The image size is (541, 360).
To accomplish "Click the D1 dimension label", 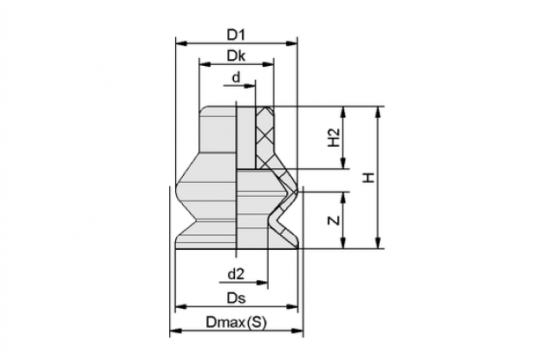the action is (236, 35).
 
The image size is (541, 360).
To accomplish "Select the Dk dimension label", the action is (236, 56).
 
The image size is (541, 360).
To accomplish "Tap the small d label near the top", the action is (236, 77).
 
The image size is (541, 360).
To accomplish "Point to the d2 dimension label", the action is (236, 274).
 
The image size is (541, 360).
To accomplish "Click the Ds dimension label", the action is (236, 298).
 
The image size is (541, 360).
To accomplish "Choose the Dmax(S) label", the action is (237, 323).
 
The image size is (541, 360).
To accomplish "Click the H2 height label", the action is (334, 137).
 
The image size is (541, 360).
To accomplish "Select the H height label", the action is (368, 178).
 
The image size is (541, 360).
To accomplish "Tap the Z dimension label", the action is (334, 220).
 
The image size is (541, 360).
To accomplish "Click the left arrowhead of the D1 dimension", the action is (181, 43).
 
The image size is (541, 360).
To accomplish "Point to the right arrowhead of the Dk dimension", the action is (268, 64).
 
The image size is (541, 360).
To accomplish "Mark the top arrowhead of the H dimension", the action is (379, 112).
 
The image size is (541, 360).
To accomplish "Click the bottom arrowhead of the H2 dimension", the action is (343, 163).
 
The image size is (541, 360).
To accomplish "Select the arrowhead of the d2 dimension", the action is (263, 283).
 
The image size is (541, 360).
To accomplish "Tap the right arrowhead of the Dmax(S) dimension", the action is (297, 331).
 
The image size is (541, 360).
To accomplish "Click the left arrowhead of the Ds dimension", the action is (181, 306).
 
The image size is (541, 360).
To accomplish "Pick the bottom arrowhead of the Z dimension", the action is (343, 243).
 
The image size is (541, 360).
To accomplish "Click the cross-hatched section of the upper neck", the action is (265, 137).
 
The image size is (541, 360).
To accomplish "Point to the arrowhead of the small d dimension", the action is (250, 86).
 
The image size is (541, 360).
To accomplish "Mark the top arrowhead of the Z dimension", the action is (343, 197).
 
